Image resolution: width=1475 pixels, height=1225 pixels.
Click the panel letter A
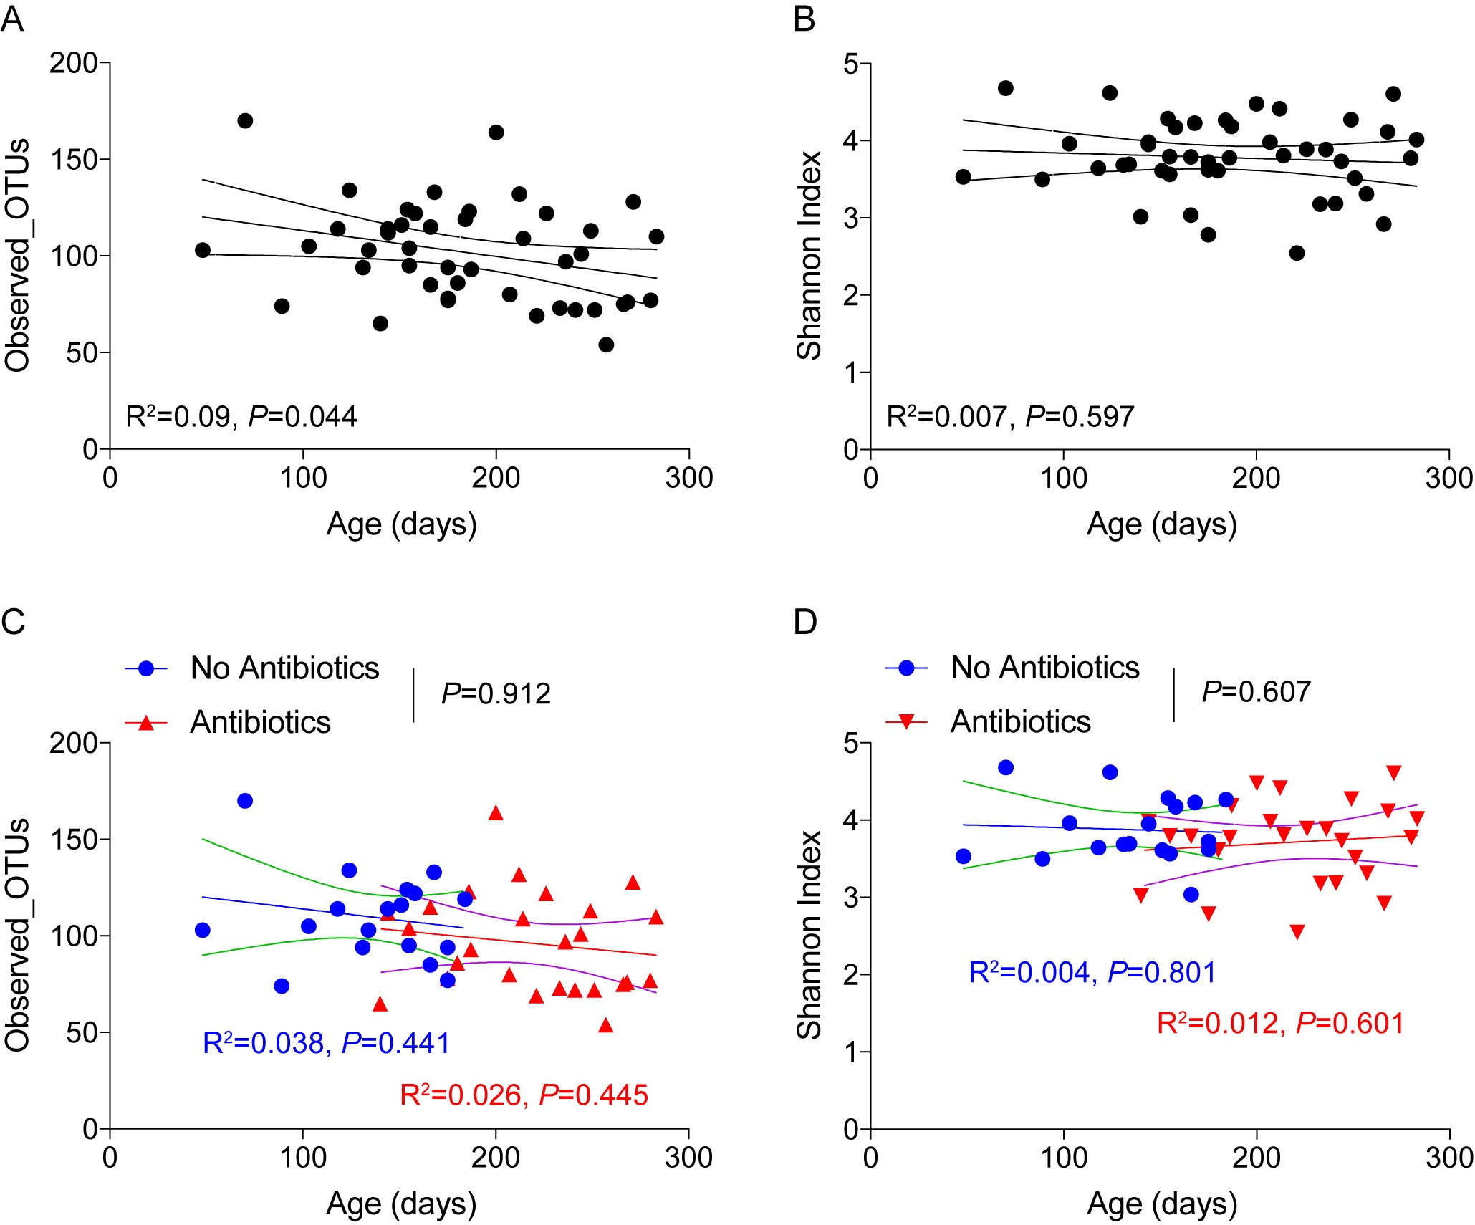12,19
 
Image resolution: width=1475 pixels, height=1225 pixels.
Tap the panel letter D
805,622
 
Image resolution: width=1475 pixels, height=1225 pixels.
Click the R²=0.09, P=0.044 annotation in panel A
241,417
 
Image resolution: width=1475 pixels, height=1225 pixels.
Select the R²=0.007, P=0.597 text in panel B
1010,417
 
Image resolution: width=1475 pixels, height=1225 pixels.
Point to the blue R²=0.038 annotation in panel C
327,1043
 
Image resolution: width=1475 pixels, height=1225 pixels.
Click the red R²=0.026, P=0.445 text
524,1095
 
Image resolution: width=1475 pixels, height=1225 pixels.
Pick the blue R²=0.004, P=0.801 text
1092,972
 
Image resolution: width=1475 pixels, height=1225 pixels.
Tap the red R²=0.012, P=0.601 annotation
1281,1023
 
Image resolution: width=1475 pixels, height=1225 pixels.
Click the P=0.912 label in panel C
496,693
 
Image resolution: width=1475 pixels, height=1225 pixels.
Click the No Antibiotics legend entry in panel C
284,668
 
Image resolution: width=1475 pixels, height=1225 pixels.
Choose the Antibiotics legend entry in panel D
1020,721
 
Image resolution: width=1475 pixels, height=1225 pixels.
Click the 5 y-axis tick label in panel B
850,64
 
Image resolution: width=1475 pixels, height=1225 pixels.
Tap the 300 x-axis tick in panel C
688,1158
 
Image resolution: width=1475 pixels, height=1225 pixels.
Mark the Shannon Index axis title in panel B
809,255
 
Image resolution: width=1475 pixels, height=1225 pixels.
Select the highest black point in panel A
245,120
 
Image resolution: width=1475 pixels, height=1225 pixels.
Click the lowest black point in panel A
606,345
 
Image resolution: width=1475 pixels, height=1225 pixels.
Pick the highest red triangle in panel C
496,813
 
